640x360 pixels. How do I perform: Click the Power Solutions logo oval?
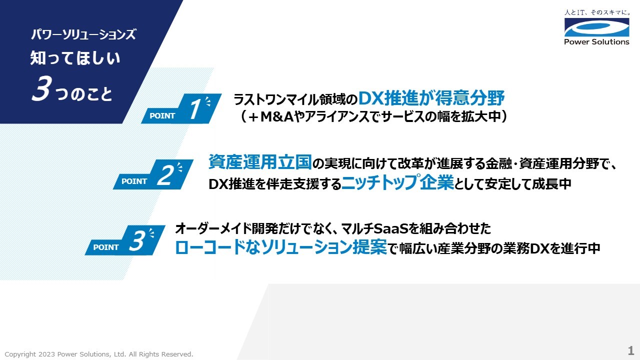(596, 27)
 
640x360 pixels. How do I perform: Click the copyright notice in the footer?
(99, 354)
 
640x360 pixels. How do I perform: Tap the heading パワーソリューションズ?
(83, 35)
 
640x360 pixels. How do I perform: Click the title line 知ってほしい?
(75, 59)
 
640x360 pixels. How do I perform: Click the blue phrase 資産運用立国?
(260, 162)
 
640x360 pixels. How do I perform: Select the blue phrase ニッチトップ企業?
(397, 183)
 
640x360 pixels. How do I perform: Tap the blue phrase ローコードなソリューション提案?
(281, 247)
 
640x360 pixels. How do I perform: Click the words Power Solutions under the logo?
(596, 42)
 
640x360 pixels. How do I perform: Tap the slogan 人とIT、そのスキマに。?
(596, 11)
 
